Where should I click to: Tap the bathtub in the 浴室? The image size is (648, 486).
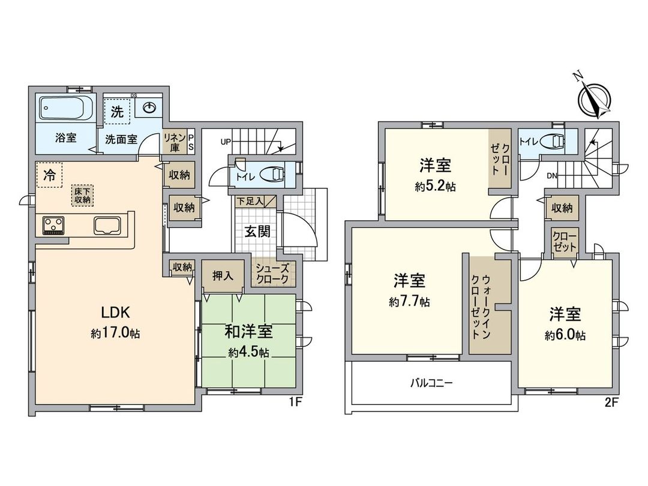[65, 109]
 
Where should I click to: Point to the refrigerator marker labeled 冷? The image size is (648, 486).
[49, 175]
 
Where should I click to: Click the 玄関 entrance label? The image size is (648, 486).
[256, 232]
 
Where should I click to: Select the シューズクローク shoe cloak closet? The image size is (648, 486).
[273, 274]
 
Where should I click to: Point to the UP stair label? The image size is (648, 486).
[226, 142]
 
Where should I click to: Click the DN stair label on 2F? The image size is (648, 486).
[551, 176]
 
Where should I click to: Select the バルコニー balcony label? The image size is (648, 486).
[431, 382]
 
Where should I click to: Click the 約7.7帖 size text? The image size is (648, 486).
[409, 302]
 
